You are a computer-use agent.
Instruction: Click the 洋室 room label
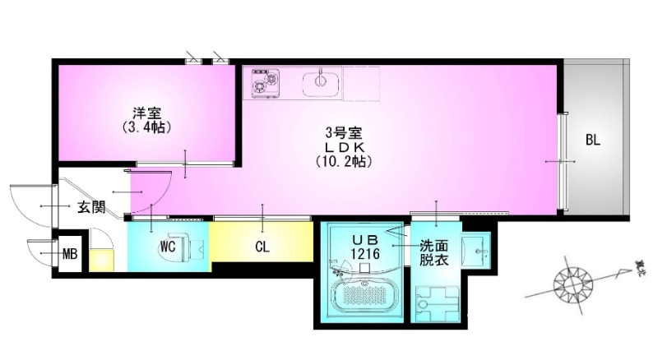tap(137, 113)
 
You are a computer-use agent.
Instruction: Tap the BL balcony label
tap(592, 141)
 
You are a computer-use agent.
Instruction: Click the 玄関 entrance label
tap(91, 207)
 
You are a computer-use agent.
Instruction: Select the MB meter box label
tap(71, 253)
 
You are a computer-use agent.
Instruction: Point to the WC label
tap(168, 247)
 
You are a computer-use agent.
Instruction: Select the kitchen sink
tap(321, 82)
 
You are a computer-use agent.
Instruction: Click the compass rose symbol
tap(572, 282)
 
